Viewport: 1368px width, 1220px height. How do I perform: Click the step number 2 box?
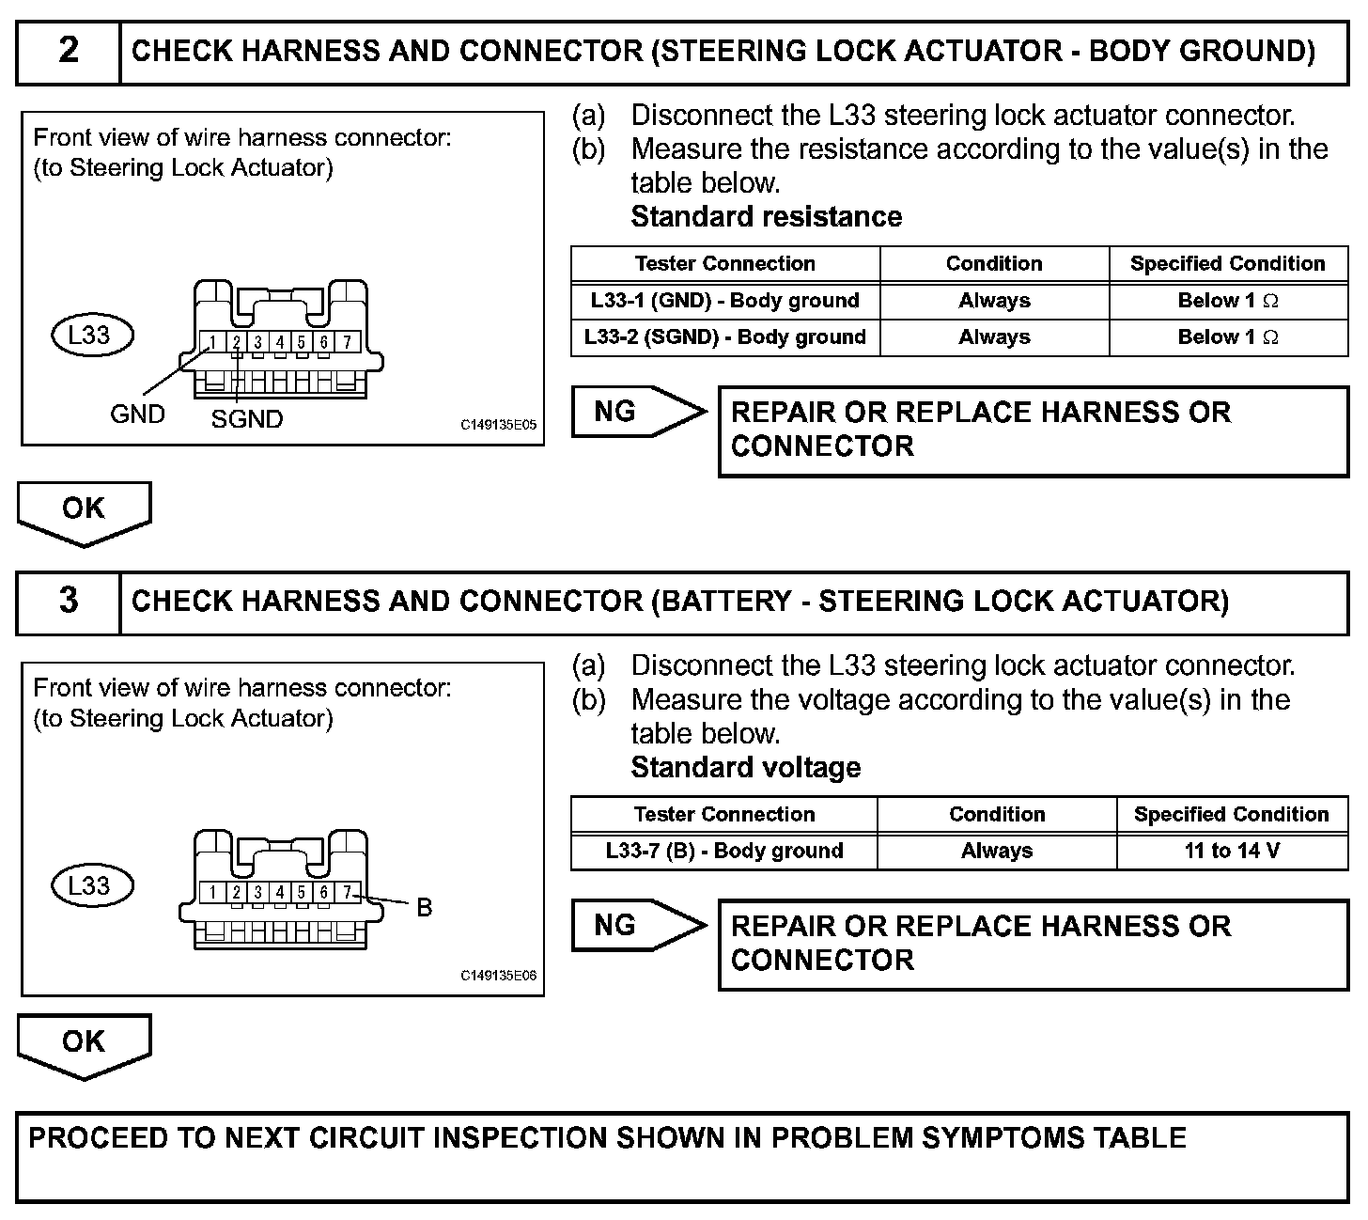[x=69, y=51]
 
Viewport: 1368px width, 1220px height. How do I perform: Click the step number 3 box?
[x=69, y=601]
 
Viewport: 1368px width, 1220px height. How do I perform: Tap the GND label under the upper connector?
[x=137, y=414]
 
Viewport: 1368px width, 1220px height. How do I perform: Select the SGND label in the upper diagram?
[x=247, y=419]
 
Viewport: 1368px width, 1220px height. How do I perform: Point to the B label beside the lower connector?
[x=424, y=908]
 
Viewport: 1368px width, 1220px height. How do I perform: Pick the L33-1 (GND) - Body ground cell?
[x=724, y=301]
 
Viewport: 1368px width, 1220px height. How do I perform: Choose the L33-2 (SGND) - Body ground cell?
[x=724, y=337]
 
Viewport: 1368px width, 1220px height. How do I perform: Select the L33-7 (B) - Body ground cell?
[x=723, y=852]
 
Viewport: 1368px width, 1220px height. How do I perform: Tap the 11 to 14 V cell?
[x=1232, y=852]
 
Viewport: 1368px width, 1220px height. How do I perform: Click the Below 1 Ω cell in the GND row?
[x=1228, y=301]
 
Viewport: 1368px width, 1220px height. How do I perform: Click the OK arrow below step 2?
[x=84, y=511]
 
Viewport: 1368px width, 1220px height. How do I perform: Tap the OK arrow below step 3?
[x=84, y=1043]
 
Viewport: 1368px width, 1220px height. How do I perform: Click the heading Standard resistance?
[x=766, y=217]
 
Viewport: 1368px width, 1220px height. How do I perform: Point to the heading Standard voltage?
[x=745, y=768]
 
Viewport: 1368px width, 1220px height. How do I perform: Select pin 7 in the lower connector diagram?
[x=347, y=892]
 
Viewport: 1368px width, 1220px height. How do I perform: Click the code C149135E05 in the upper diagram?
[x=498, y=425]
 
